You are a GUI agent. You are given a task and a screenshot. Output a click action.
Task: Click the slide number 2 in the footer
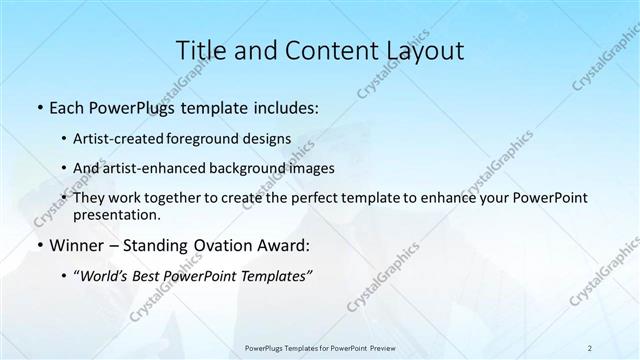(x=590, y=347)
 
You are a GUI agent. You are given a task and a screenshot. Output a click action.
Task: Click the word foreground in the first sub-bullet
(x=216, y=138)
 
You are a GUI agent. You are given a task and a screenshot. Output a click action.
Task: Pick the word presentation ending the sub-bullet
(x=116, y=215)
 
